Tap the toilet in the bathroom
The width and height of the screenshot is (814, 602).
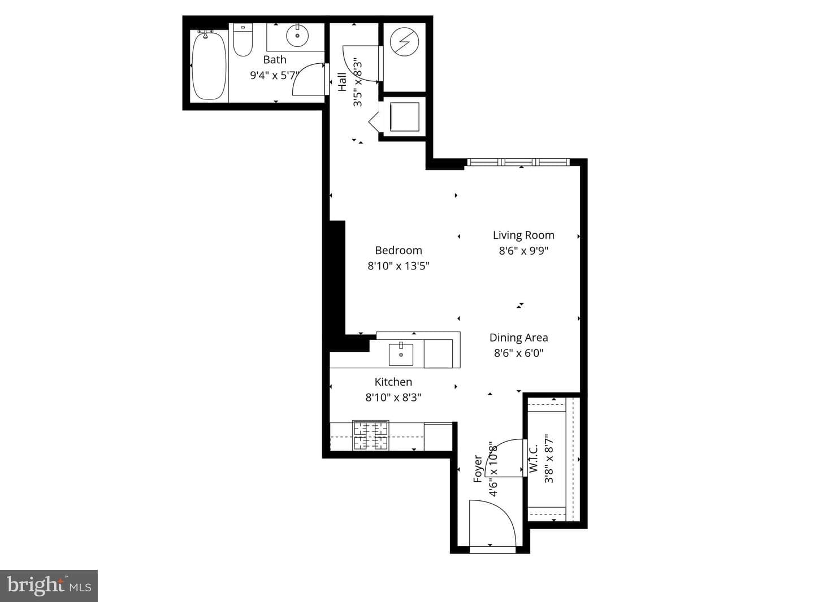pos(243,40)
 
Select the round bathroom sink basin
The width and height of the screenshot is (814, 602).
pos(297,35)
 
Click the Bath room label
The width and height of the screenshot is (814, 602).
pos(275,59)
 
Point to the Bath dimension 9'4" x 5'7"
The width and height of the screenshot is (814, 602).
pos(274,76)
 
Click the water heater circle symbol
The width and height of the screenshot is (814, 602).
pos(404,42)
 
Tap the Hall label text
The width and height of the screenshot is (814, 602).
pos(342,82)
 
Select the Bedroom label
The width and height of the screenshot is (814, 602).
pos(399,250)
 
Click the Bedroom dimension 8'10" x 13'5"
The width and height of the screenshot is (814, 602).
pos(399,266)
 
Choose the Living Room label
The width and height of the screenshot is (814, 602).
pos(523,235)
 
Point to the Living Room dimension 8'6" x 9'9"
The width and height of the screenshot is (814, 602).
pos(523,251)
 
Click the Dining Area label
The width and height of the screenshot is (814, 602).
pos(518,338)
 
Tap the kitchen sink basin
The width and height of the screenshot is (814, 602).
pos(401,355)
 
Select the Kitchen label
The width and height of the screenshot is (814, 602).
pos(393,382)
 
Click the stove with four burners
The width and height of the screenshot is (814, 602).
pos(371,435)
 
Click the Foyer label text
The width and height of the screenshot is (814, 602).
pos(478,469)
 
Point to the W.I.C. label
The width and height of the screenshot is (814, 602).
pos(534,459)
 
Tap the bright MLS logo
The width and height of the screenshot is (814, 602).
pos(49,586)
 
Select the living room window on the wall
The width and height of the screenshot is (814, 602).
pos(518,162)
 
